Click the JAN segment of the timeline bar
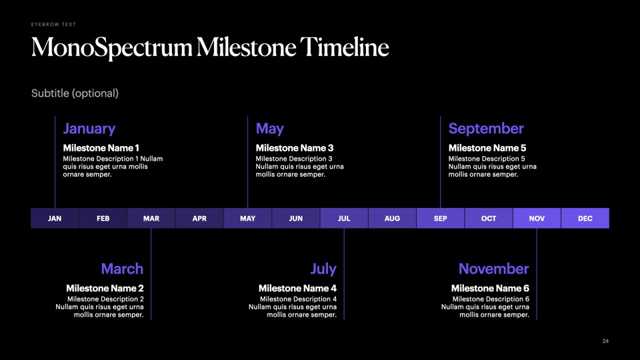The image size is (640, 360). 55,219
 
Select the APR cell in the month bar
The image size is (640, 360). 199,219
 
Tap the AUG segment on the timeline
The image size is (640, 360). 392,219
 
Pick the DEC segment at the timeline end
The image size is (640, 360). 585,219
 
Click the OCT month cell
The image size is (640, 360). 489,219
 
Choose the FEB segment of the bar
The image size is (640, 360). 103,219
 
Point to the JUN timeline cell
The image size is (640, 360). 296,219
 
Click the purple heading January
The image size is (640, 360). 89,129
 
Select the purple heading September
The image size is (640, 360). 486,129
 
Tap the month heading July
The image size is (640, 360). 323,269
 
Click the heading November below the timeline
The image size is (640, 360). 493,269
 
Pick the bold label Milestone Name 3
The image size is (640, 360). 294,148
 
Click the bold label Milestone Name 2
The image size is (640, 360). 105,288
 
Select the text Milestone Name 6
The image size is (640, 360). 490,288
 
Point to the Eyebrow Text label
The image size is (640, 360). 53,25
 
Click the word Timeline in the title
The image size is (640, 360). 345,47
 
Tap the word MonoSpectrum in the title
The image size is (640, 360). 112,48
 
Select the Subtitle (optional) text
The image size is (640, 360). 75,93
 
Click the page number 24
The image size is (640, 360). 605,341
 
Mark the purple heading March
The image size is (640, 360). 122,269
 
